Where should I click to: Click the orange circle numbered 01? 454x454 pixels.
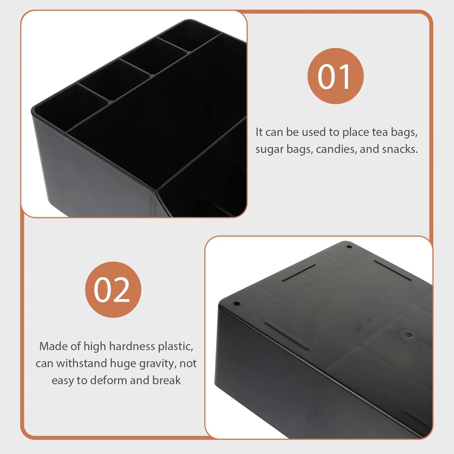click(335, 76)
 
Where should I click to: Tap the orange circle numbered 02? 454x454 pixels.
click(113, 289)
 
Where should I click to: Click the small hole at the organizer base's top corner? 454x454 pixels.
click(350, 247)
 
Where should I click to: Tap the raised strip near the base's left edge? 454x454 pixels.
click(287, 335)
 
